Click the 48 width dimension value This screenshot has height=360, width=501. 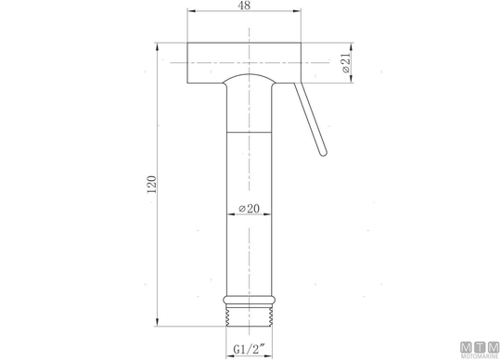[x=244, y=6]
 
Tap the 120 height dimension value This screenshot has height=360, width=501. [x=151, y=185]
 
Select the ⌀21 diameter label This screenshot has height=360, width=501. [x=346, y=63]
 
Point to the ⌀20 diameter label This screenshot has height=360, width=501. [x=250, y=209]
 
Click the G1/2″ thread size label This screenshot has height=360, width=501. [x=250, y=349]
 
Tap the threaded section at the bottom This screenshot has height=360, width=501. [x=250, y=315]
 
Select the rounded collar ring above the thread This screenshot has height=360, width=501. [x=250, y=300]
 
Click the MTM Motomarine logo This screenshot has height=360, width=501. [x=480, y=350]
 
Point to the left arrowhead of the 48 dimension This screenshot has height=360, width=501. [x=191, y=11]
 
